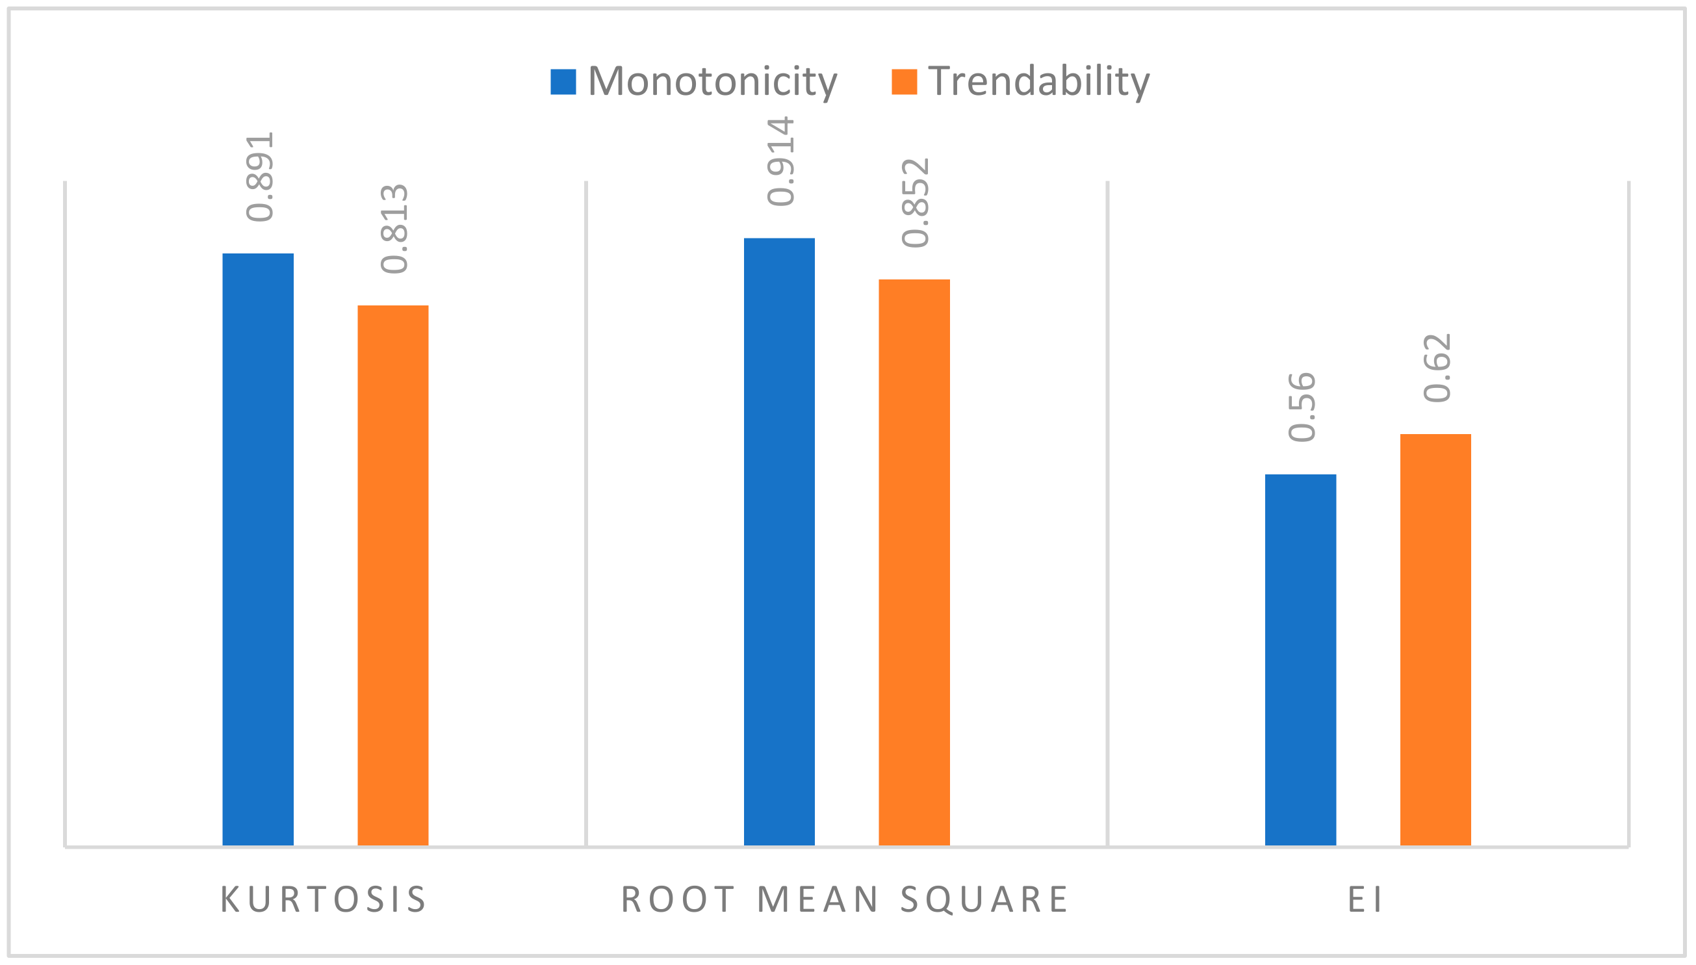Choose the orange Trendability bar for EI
(1435, 639)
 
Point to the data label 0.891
(259, 176)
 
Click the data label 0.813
(394, 229)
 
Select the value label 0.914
(780, 161)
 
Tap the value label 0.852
(916, 203)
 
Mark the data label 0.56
(1302, 407)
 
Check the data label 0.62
(1437, 367)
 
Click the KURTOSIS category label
(324, 899)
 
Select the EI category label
(1365, 899)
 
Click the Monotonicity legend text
(712, 81)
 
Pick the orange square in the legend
(904, 81)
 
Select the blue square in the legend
(563, 81)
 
